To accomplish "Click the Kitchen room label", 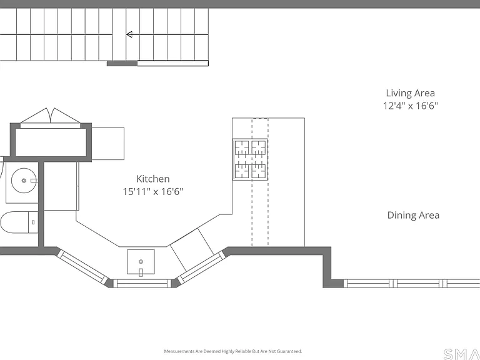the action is (152, 179).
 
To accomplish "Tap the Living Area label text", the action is (410, 93).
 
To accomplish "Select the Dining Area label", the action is (413, 215).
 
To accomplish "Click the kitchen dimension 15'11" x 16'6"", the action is (152, 192).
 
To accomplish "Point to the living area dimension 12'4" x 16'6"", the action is (411, 106).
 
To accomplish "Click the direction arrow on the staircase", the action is (129, 34).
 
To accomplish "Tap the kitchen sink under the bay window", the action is (141, 262).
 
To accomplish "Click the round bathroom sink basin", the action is (24, 180).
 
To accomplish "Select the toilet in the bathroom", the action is (19, 222).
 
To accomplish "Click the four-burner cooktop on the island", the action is (250, 159).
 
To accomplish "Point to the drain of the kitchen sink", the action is (141, 261).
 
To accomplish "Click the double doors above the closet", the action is (51, 116).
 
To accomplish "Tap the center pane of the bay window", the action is (142, 284).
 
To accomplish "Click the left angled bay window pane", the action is (82, 266).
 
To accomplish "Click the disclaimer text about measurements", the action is (233, 351).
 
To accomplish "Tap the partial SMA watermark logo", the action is (462, 354).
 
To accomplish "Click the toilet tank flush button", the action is (33, 222).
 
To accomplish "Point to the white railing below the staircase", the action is (172, 63).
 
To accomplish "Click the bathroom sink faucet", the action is (34, 181).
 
